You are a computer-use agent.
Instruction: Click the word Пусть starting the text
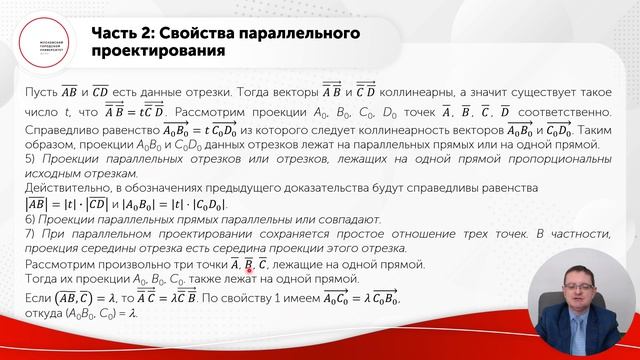point(41,92)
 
